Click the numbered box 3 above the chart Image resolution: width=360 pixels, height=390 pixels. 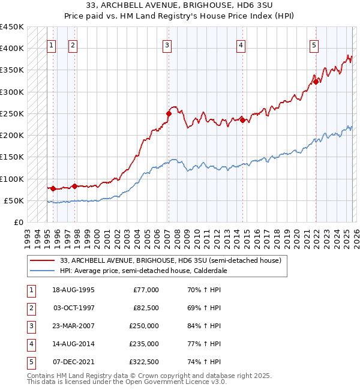click(x=167, y=44)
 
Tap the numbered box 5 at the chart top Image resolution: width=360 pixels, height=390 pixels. click(x=314, y=44)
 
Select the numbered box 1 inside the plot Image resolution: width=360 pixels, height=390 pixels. click(x=51, y=44)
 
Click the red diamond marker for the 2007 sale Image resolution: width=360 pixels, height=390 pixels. click(x=169, y=113)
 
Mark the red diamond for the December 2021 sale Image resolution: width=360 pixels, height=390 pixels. click(x=316, y=82)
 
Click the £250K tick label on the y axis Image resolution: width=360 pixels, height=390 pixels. click(x=11, y=114)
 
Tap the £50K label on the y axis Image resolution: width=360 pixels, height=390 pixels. click(x=14, y=201)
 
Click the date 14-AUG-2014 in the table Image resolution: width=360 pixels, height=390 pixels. click(x=74, y=344)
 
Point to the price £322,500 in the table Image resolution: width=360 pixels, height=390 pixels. click(x=144, y=362)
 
